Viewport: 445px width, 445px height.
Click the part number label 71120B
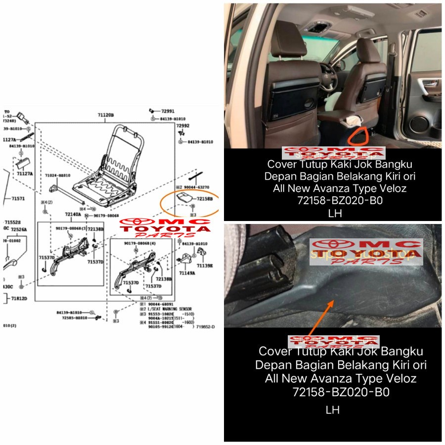pos(105,115)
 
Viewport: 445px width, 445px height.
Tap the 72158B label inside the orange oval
pos(204,199)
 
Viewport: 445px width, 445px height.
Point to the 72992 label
pos(183,126)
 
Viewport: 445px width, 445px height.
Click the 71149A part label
pos(187,272)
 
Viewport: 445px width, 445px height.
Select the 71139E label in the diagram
pos(205,266)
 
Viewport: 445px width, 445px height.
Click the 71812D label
pos(19,299)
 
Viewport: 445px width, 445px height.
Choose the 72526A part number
pos(20,230)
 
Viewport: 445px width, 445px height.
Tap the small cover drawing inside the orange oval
pos(184,197)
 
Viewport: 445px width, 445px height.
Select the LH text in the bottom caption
pos(332,410)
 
